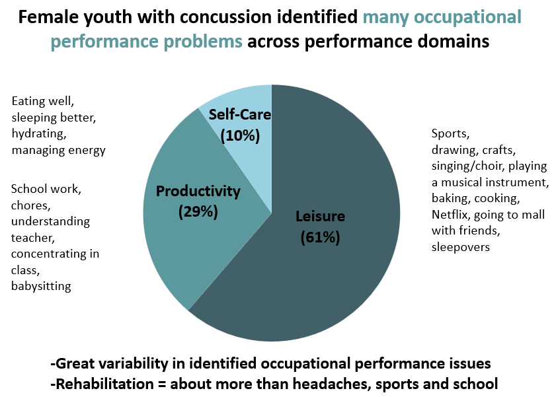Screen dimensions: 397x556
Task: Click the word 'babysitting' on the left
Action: (40, 286)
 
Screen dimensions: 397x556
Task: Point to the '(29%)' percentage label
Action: (198, 212)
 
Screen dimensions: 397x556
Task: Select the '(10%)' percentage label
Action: (240, 135)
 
